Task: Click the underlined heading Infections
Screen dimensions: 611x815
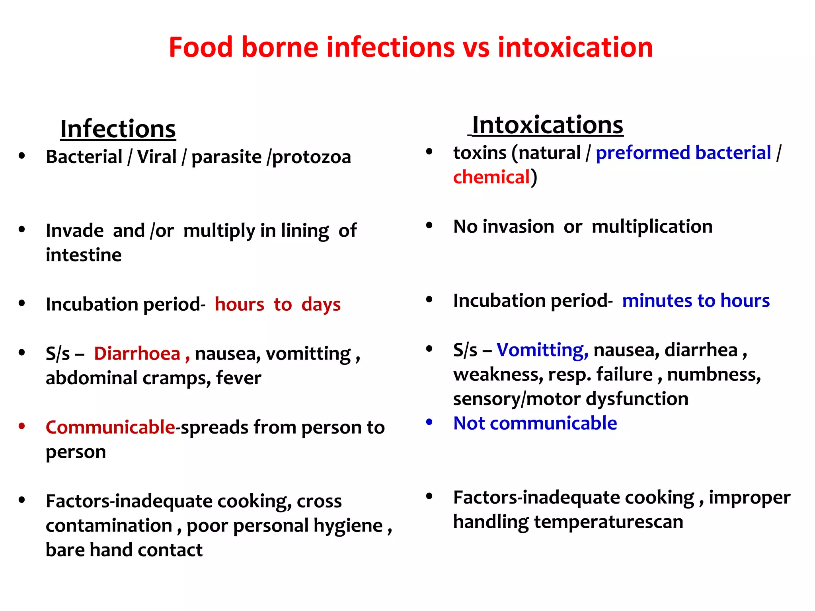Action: point(118,129)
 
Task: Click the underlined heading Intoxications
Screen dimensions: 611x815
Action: point(547,125)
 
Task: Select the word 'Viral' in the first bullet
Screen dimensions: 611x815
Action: point(156,157)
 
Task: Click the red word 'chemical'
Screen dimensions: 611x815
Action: point(491,177)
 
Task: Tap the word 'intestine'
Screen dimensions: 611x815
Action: point(84,255)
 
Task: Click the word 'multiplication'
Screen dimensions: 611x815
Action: point(652,227)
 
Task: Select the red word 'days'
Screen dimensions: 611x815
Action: point(321,305)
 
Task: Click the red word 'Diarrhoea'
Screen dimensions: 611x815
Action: point(137,354)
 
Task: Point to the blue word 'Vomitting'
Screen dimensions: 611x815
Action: point(542,350)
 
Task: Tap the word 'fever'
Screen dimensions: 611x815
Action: point(238,378)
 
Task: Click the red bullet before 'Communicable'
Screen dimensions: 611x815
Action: point(22,426)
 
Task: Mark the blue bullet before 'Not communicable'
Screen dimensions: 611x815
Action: point(429,422)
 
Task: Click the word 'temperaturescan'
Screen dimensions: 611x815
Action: point(608,522)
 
